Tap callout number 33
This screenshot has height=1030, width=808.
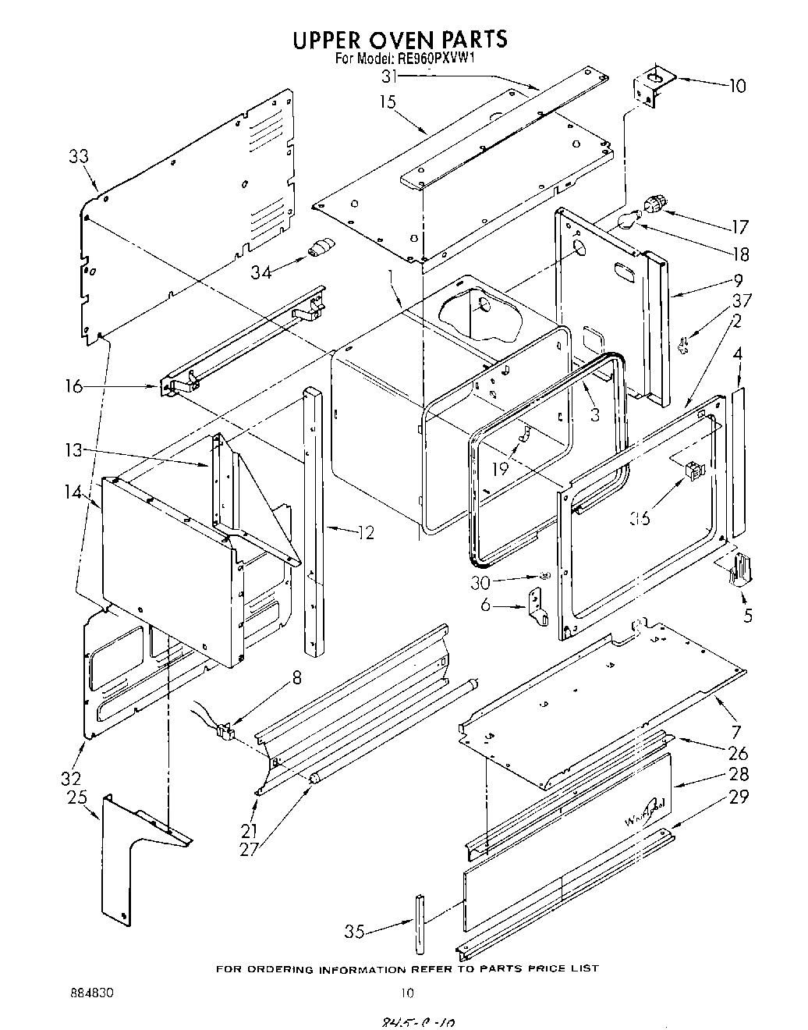click(x=78, y=156)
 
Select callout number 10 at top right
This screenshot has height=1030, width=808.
click(x=737, y=86)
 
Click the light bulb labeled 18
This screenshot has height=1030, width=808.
click(x=625, y=222)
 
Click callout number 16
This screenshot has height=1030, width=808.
click(x=73, y=386)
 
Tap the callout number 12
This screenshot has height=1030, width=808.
click(x=365, y=533)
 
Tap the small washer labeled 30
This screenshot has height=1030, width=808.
click(x=546, y=576)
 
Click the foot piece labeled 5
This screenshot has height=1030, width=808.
click(x=742, y=568)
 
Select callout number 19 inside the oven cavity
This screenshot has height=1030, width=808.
click(x=499, y=468)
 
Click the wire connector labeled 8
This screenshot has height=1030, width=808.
click(x=225, y=731)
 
